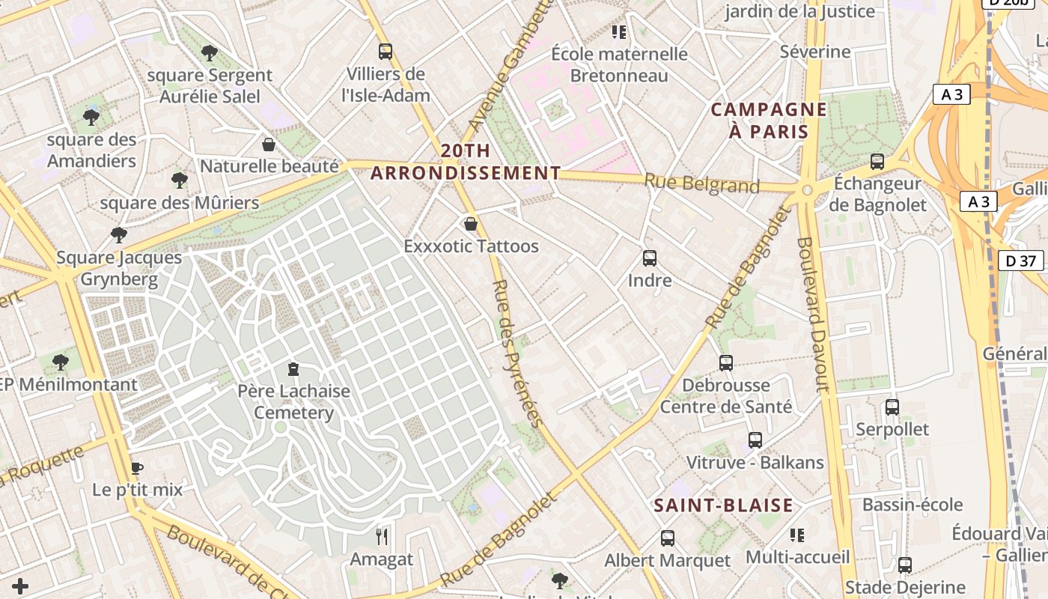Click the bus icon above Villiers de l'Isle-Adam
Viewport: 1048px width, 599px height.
[386, 52]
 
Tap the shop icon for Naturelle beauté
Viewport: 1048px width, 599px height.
[269, 145]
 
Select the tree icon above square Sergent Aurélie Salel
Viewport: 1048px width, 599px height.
[210, 53]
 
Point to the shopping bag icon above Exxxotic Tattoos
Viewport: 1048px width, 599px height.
[471, 224]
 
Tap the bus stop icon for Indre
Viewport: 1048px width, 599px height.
[650, 258]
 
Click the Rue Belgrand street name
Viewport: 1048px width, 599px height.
[701, 183]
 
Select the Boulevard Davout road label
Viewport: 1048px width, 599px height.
[814, 314]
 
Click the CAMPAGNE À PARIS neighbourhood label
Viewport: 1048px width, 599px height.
[769, 121]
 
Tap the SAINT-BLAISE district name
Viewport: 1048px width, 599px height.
[723, 505]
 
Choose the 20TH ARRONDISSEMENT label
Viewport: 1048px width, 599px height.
[466, 162]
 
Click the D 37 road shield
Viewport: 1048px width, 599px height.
[1021, 261]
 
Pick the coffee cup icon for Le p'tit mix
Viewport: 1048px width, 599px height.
[137, 469]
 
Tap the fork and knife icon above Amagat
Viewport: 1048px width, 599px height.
[382, 537]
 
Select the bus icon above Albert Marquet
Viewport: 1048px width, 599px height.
[667, 538]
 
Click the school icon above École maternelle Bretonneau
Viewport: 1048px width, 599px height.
[619, 32]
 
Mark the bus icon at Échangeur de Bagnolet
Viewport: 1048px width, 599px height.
[877, 162]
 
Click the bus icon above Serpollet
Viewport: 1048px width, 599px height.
[892, 407]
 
